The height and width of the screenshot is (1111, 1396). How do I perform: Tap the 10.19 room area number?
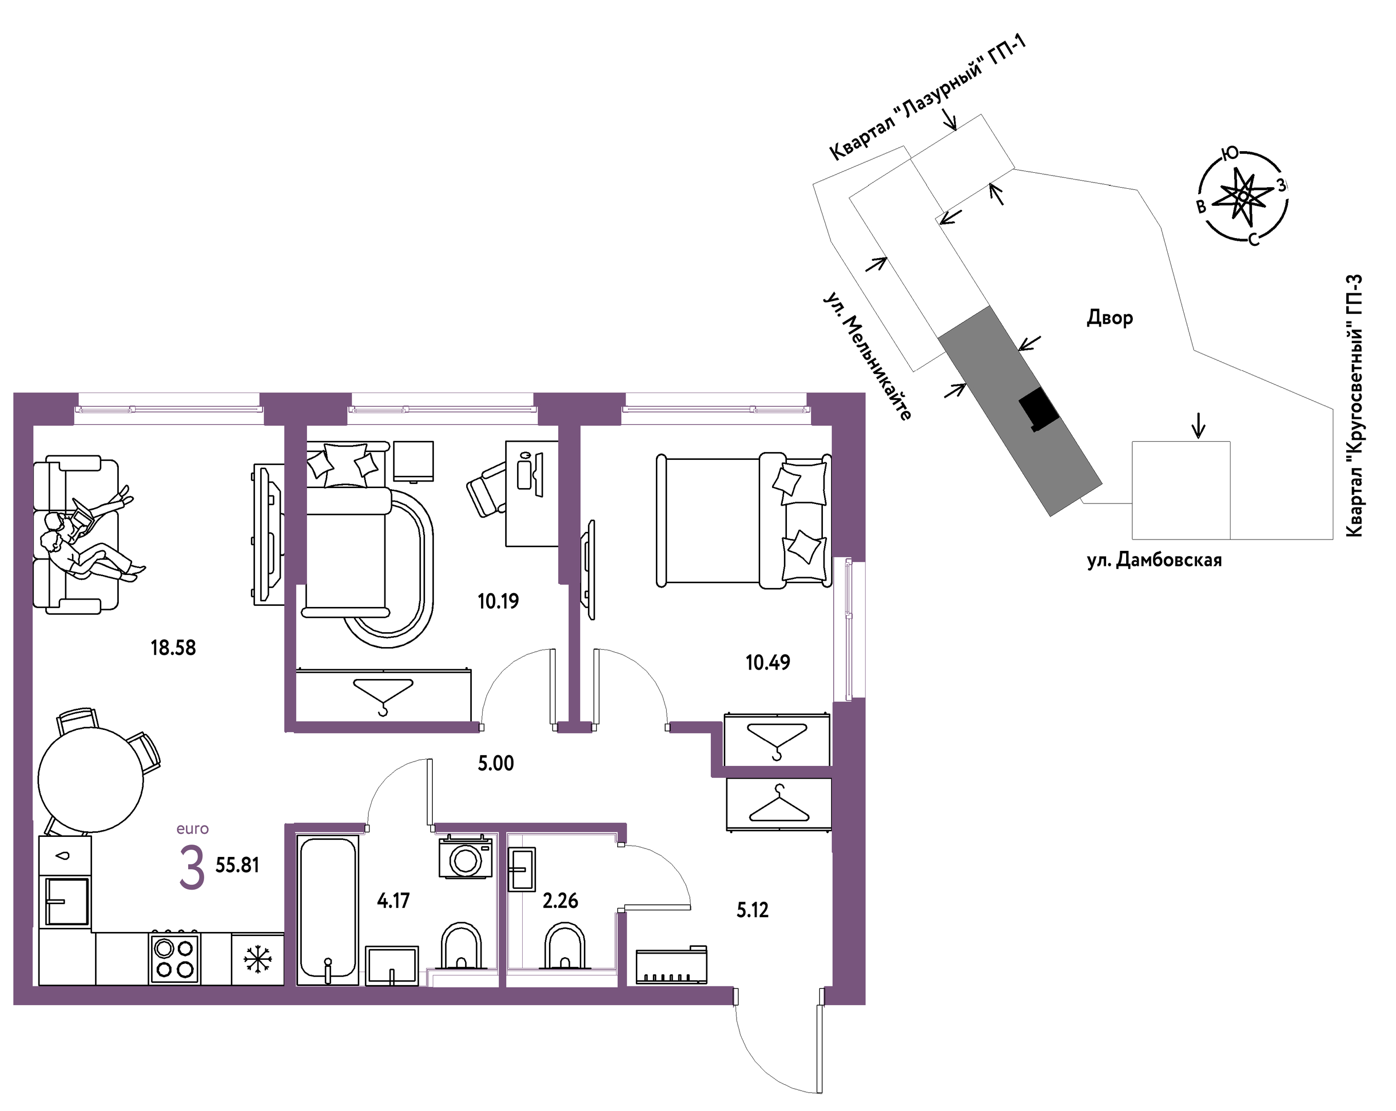[498, 601]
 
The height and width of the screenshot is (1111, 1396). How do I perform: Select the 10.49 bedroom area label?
[768, 662]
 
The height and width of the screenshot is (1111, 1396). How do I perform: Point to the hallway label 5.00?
[496, 763]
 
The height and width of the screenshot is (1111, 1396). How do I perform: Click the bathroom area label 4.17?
[393, 901]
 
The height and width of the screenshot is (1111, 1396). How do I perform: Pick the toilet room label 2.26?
[560, 901]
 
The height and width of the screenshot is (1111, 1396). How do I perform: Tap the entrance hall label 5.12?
[752, 910]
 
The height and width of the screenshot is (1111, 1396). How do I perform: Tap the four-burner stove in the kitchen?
[174, 959]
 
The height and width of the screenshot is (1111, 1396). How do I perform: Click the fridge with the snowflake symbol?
[258, 959]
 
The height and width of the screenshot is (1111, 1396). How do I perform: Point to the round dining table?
[90, 780]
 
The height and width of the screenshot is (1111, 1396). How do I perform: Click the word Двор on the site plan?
[1110, 318]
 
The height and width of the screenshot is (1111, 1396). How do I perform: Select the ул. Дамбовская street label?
[1154, 560]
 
